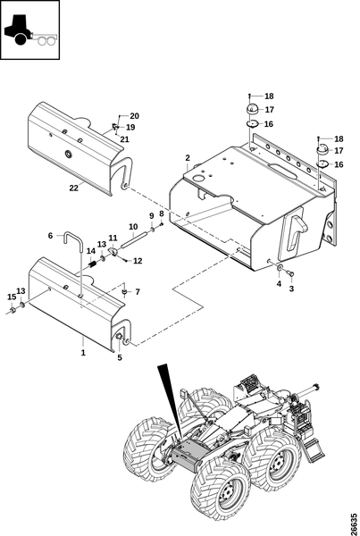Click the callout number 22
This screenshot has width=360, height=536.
click(74, 188)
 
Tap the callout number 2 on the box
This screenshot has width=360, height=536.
click(188, 158)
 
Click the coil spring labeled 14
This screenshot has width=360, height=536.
click(93, 264)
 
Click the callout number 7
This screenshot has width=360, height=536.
click(138, 292)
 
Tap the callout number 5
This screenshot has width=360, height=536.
click(120, 357)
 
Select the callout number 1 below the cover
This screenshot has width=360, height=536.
click(83, 353)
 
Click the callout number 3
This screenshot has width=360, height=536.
click(291, 289)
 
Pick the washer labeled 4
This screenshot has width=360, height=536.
click(280, 267)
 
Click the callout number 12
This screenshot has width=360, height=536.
click(138, 261)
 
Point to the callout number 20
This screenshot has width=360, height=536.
click(135, 116)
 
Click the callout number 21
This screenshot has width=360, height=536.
click(125, 139)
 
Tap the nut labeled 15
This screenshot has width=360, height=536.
click(12, 310)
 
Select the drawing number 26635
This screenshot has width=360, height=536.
click(354, 523)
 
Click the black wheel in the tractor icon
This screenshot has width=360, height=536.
click(21, 39)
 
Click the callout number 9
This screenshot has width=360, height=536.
click(152, 216)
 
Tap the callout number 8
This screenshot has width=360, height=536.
click(162, 214)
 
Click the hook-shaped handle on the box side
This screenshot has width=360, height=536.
click(296, 229)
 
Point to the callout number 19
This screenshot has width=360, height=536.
click(130, 128)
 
